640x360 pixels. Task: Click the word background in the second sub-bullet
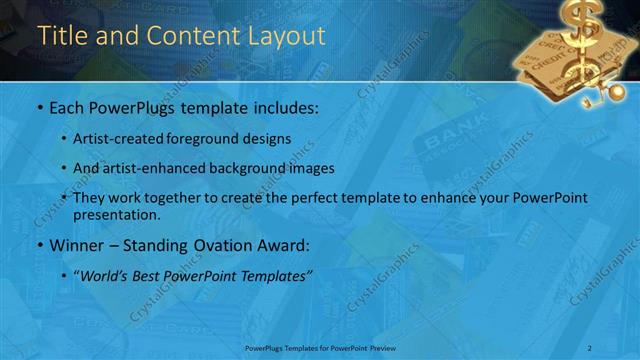[265, 167]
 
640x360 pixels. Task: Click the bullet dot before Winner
[38, 246]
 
